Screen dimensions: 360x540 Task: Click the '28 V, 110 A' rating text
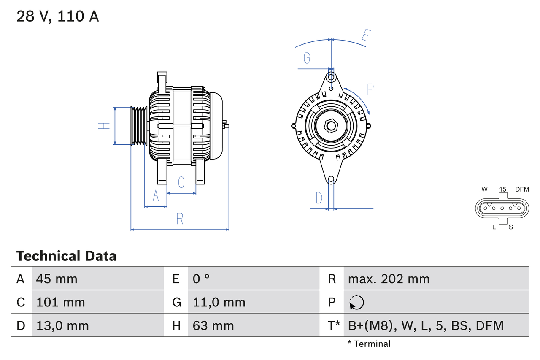click(x=58, y=16)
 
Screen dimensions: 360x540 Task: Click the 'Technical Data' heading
click(x=66, y=256)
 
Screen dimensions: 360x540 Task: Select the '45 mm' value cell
click(x=57, y=279)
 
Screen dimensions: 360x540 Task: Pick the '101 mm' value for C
click(x=61, y=302)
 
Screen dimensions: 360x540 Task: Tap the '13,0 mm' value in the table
click(x=62, y=325)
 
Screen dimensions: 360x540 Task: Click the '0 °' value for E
click(x=201, y=279)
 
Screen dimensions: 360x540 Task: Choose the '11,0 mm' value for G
click(x=219, y=302)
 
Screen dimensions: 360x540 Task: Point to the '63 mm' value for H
click(x=213, y=325)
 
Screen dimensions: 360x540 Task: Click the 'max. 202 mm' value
click(x=389, y=279)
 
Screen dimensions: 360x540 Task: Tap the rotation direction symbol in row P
click(x=356, y=302)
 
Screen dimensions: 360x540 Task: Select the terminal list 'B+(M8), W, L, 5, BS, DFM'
click(x=426, y=325)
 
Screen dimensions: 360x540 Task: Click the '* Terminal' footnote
click(x=369, y=344)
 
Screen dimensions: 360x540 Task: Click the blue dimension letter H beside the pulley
click(x=104, y=125)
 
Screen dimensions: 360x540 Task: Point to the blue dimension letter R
click(x=180, y=219)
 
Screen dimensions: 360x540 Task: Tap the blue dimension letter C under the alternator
click(x=181, y=182)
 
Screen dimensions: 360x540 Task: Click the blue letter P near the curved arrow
click(x=370, y=89)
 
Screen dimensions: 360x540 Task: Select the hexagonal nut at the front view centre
click(x=331, y=126)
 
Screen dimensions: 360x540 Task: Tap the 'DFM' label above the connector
click(x=521, y=189)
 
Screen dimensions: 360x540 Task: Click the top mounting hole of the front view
click(x=331, y=77)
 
